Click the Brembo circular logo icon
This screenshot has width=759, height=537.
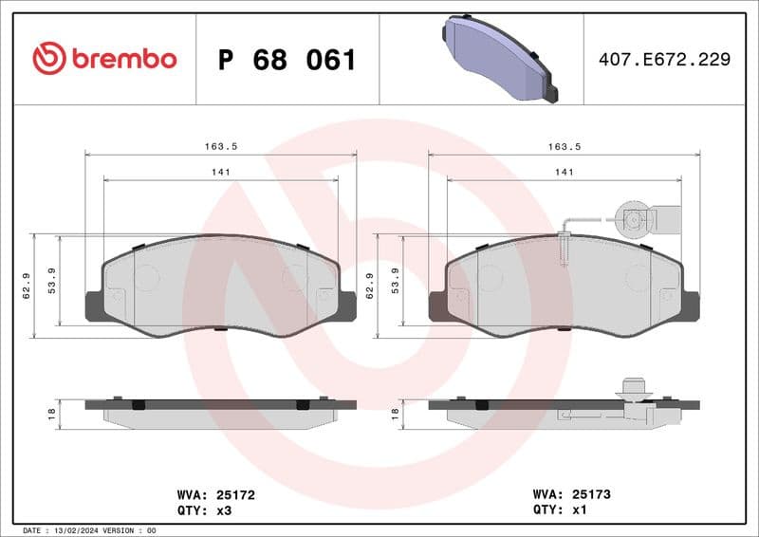point(48,59)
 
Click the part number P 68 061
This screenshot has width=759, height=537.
point(287,60)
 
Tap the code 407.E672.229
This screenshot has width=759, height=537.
point(665,60)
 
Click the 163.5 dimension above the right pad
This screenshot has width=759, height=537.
point(564,146)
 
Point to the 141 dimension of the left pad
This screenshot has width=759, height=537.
point(220,172)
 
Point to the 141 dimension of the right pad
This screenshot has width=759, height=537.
point(564,172)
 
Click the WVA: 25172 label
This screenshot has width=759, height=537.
point(216,494)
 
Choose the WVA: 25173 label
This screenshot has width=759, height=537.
point(573,494)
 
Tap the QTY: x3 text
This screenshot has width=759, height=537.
point(204,509)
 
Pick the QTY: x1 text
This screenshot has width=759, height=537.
point(561,509)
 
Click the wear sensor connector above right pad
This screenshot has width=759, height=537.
point(635,220)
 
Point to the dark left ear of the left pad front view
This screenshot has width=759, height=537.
point(95,305)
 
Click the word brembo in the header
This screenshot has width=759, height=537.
point(124,60)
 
